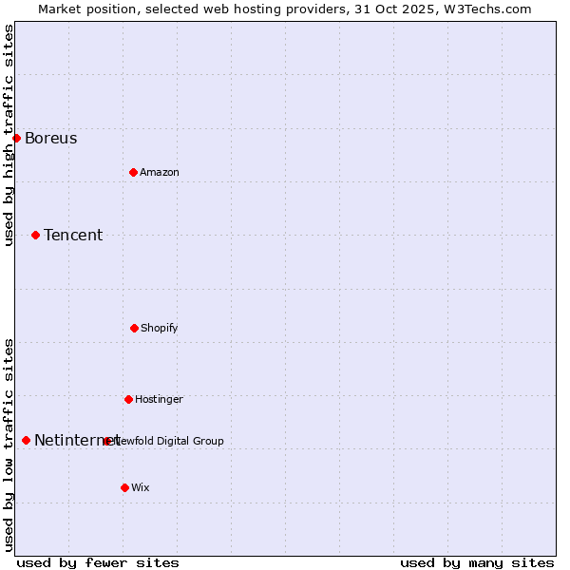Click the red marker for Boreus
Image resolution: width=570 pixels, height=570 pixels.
coord(16,138)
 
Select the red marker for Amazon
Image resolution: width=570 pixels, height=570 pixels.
coord(133,172)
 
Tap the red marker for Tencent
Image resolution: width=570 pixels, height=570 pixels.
coord(35,235)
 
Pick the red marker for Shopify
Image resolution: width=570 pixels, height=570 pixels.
coord(134,328)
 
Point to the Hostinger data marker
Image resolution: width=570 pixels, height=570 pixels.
coord(128,399)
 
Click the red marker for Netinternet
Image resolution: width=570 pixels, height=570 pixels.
coord(26,440)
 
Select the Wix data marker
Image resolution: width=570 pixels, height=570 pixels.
coord(124,487)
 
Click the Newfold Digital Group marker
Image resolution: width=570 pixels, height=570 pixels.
coord(106,441)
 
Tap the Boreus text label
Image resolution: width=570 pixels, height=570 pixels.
coord(50,139)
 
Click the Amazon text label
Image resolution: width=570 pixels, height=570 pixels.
coord(159,172)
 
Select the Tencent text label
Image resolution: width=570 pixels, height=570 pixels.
coord(73,236)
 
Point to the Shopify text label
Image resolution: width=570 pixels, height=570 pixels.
coord(159,328)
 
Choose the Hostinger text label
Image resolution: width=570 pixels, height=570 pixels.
coord(159,399)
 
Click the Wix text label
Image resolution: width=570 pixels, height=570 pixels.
coord(140,487)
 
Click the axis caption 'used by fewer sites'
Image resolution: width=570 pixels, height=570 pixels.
coord(97,562)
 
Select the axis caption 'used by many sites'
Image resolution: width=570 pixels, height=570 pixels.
coord(477,562)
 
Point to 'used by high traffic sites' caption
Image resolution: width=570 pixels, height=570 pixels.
coord(9,135)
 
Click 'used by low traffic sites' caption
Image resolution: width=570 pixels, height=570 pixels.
coord(9,445)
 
